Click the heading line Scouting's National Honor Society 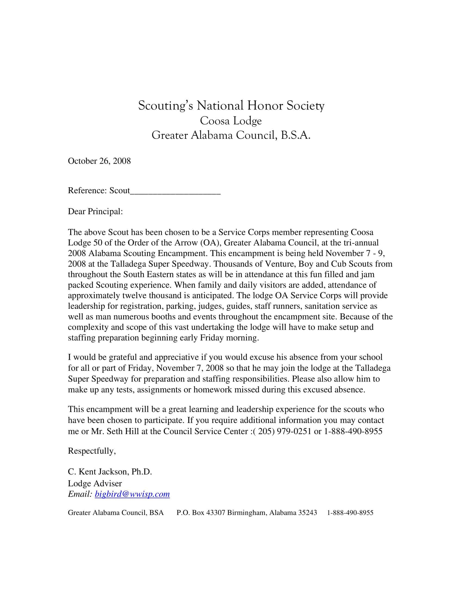(231, 106)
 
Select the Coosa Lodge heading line (231, 121)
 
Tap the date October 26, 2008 (99, 161)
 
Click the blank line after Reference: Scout (175, 191)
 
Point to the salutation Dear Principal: (95, 211)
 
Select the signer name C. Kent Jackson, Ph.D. (110, 472)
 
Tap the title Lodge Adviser (95, 483)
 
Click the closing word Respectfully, (92, 451)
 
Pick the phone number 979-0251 (294, 431)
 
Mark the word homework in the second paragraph (213, 390)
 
